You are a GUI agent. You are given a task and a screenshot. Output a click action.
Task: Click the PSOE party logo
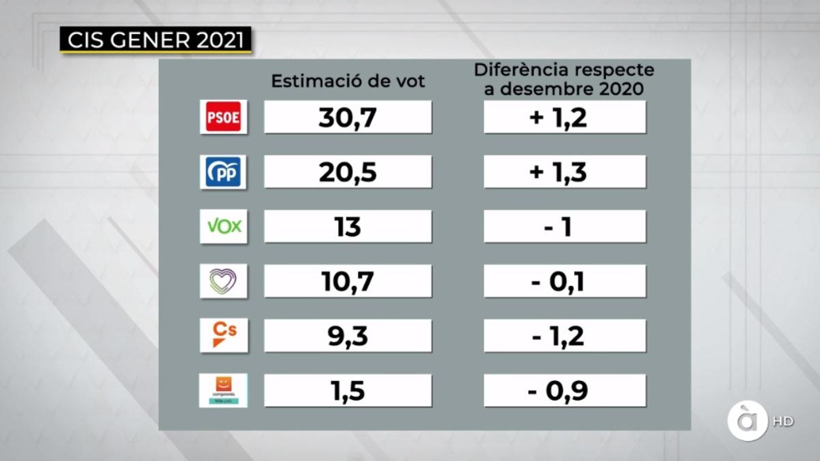pyautogui.click(x=223, y=117)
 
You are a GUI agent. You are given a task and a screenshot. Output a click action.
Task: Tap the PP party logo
pyautogui.click(x=223, y=172)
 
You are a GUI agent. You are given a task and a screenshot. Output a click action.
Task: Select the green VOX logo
pyautogui.click(x=223, y=226)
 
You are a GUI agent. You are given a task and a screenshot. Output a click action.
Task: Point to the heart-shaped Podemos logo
pyautogui.click(x=223, y=281)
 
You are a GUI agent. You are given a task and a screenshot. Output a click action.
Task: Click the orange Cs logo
pyautogui.click(x=224, y=336)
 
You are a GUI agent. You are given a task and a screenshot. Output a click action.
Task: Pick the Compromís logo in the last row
pyautogui.click(x=223, y=390)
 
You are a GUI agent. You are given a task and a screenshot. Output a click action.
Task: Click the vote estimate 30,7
pyautogui.click(x=347, y=117)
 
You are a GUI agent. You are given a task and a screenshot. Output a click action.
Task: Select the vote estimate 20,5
pyautogui.click(x=347, y=172)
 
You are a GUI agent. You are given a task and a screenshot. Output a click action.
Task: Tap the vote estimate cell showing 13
pyautogui.click(x=347, y=226)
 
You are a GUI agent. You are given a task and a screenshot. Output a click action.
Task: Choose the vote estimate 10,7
pyautogui.click(x=347, y=281)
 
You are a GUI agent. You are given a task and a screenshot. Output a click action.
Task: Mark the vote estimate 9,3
pyautogui.click(x=347, y=336)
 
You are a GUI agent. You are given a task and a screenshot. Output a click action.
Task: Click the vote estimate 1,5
pyautogui.click(x=347, y=391)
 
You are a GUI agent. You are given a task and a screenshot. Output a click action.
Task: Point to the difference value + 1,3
pyautogui.click(x=564, y=172)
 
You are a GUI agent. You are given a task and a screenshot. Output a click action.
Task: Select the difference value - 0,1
pyautogui.click(x=564, y=281)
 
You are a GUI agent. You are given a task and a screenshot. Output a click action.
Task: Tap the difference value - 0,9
pyautogui.click(x=564, y=391)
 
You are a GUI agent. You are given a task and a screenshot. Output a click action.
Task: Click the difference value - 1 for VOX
pyautogui.click(x=564, y=226)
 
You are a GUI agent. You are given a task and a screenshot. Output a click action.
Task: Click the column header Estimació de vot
pyautogui.click(x=348, y=81)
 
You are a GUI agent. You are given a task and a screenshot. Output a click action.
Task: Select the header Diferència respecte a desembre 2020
pyautogui.click(x=564, y=79)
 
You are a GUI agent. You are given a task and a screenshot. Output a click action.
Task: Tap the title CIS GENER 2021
pyautogui.click(x=155, y=40)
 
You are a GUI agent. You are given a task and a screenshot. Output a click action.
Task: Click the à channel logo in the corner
pyautogui.click(x=747, y=421)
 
